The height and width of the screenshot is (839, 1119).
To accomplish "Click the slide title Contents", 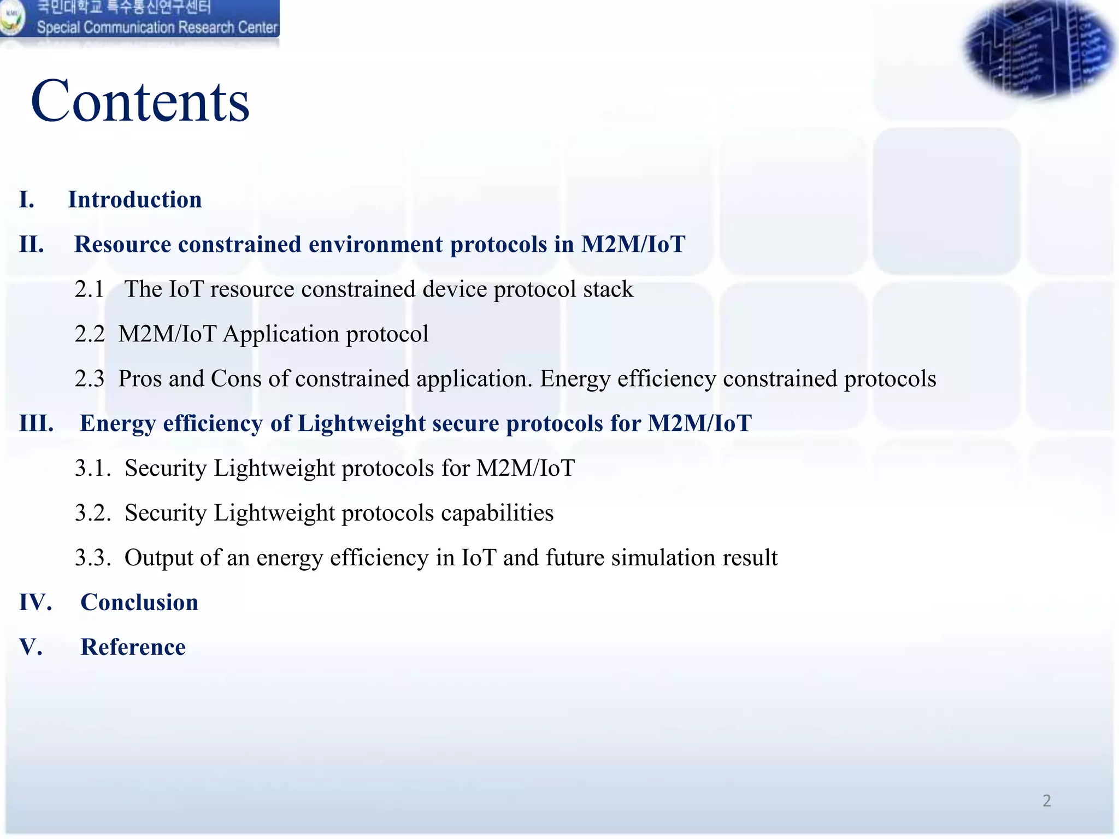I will (140, 102).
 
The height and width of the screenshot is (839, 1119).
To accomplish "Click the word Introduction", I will (135, 200).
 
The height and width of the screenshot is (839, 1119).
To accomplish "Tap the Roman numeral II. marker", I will (32, 245).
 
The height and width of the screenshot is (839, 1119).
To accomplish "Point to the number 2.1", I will (89, 289).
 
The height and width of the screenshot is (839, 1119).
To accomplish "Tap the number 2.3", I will (89, 379).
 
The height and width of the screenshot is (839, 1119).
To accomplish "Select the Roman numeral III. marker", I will (37, 424).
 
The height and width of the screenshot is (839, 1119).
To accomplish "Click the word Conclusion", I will (139, 603).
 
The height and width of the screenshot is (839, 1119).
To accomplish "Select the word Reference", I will (133, 648).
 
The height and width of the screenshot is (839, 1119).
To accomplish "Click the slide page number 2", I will (1046, 801).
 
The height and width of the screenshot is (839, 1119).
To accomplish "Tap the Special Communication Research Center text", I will (157, 27).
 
